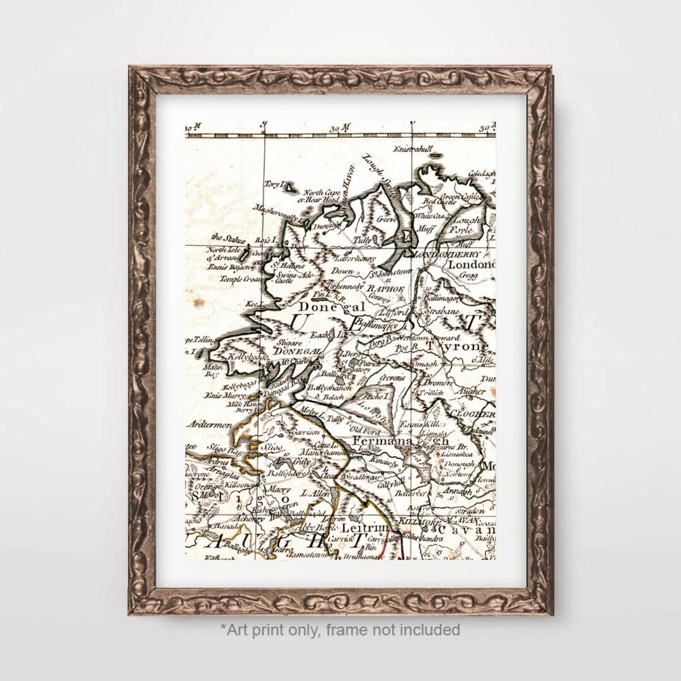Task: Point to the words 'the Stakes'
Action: [226, 238]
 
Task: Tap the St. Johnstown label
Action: [391, 273]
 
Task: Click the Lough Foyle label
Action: [465, 225]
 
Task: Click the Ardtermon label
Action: [209, 425]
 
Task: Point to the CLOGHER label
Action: [472, 414]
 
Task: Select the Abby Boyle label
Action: [315, 528]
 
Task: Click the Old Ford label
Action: [366, 430]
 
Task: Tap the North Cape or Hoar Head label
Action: [322, 195]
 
